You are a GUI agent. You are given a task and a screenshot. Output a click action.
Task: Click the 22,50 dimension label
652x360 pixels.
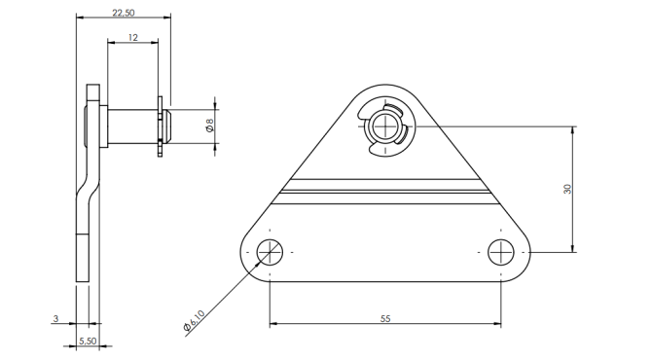124,13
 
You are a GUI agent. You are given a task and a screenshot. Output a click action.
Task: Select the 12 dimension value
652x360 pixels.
132,37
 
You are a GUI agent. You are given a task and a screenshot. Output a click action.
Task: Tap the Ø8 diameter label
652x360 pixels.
209,126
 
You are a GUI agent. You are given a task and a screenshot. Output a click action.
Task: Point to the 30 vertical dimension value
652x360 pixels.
567,189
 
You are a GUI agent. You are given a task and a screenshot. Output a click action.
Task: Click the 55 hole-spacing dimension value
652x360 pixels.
385,319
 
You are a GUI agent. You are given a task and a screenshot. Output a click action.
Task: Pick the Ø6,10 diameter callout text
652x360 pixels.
195,320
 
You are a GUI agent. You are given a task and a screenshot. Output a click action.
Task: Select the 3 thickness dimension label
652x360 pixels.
55,319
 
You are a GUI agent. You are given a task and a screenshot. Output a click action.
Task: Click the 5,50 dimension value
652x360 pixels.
88,341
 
